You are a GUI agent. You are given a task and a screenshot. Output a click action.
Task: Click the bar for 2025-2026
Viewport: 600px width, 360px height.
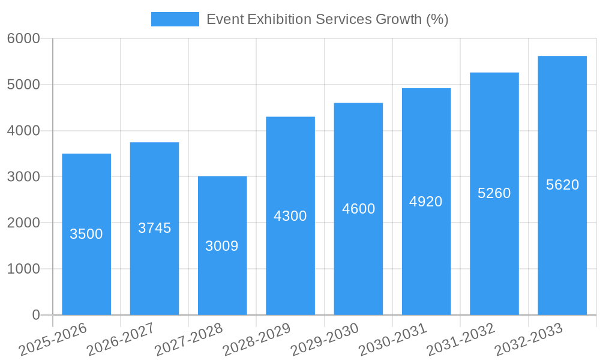coord(86,270)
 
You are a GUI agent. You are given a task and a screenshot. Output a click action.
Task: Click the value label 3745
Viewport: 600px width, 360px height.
coord(154,228)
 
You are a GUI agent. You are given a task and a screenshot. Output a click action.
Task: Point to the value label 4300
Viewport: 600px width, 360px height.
coord(290,216)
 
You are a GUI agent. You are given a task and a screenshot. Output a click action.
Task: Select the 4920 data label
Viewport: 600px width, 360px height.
coord(426,202)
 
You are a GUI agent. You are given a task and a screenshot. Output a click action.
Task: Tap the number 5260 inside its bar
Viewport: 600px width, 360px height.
coord(494,193)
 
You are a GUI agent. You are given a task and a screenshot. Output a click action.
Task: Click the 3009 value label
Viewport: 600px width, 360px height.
coord(222,246)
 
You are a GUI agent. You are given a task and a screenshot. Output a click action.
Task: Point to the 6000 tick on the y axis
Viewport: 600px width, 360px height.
coord(23,38)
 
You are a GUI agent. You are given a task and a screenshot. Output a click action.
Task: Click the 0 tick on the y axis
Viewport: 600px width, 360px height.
coord(35,315)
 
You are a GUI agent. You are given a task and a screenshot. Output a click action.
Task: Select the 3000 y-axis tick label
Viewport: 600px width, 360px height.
coord(23,177)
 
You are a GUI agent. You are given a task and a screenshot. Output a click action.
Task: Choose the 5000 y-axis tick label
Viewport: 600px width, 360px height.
coord(23,85)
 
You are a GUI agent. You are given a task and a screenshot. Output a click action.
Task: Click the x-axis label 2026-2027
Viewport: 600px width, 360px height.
coord(121,340)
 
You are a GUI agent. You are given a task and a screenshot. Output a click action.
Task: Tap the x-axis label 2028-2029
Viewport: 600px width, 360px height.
coord(257,340)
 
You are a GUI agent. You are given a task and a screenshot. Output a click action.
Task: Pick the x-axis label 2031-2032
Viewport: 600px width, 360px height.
coord(461,340)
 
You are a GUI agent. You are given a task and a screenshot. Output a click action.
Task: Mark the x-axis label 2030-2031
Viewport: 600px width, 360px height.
coord(393,340)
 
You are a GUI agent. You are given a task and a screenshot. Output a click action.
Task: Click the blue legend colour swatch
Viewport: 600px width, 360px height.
coord(175,19)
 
